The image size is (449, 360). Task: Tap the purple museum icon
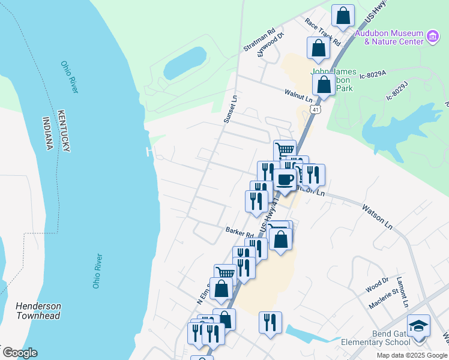coord(432,37)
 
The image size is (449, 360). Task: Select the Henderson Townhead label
coord(38,311)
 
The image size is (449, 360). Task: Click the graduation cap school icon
coord(418,326)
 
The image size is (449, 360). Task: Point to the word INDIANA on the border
coord(49,133)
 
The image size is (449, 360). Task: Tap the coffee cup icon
coord(285,179)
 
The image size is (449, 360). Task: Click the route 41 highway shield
coord(316,110)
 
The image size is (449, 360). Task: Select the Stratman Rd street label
coord(259,38)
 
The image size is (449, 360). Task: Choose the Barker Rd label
coord(240,231)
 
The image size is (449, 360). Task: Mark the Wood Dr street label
coord(377,285)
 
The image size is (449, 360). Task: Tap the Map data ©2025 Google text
coord(411,355)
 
